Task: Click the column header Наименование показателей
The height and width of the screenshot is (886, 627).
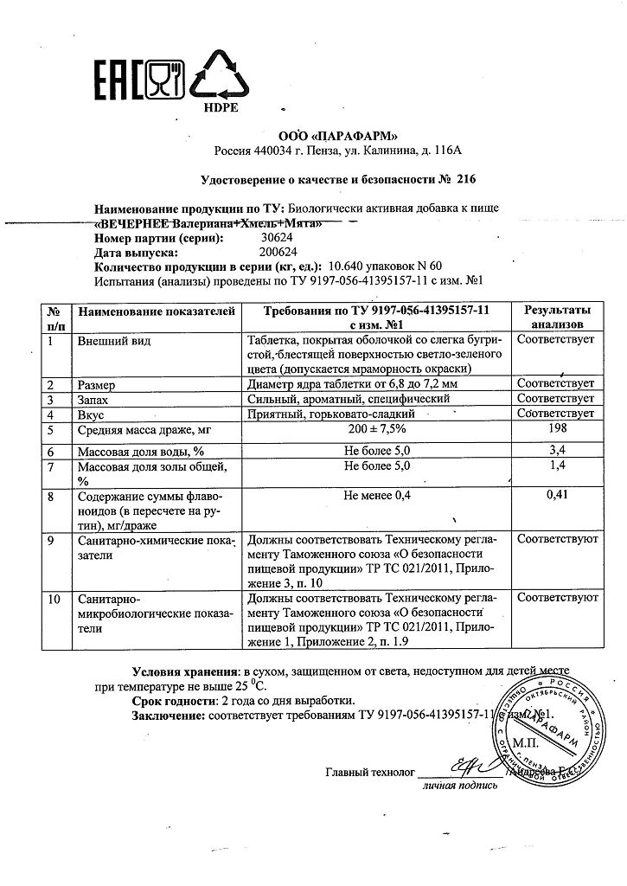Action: tap(156, 311)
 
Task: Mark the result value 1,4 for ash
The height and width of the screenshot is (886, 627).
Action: tap(557, 467)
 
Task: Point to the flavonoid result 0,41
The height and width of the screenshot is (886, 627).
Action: tap(557, 497)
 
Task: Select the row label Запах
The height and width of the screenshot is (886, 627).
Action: tap(96, 399)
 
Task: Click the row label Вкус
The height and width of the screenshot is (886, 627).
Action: tap(92, 414)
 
